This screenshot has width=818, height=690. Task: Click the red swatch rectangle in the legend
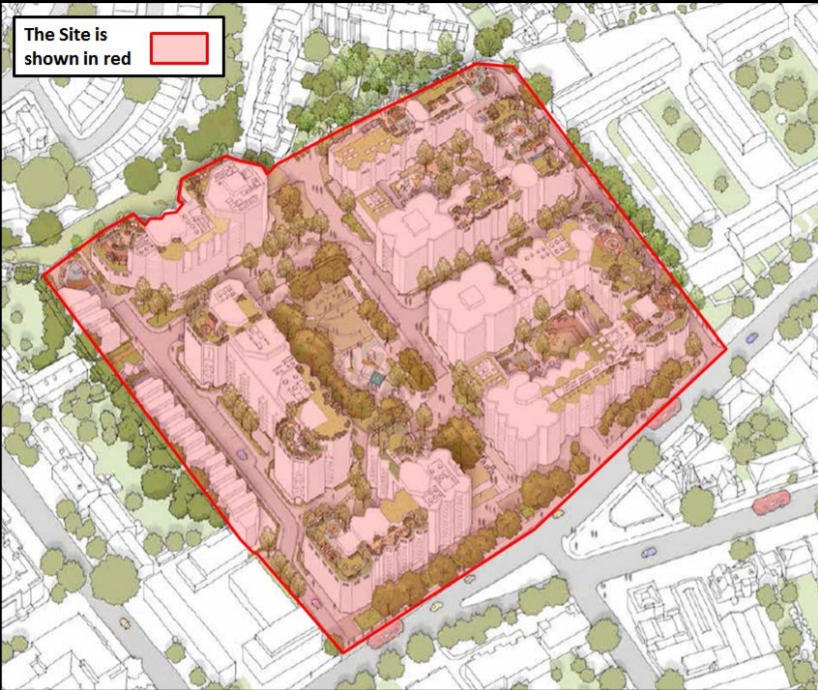click(x=179, y=47)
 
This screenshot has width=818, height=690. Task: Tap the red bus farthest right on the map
click(x=771, y=500)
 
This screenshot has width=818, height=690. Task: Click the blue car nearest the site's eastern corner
click(x=750, y=339)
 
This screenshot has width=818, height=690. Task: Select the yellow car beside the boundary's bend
click(x=558, y=513)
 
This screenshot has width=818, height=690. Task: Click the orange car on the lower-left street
click(x=124, y=621)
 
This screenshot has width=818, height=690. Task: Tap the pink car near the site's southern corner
click(x=317, y=602)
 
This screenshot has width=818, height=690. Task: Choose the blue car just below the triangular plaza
click(x=649, y=550)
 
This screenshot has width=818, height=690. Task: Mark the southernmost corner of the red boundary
click(x=343, y=653)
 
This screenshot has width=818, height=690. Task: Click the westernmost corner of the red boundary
click(x=43, y=277)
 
